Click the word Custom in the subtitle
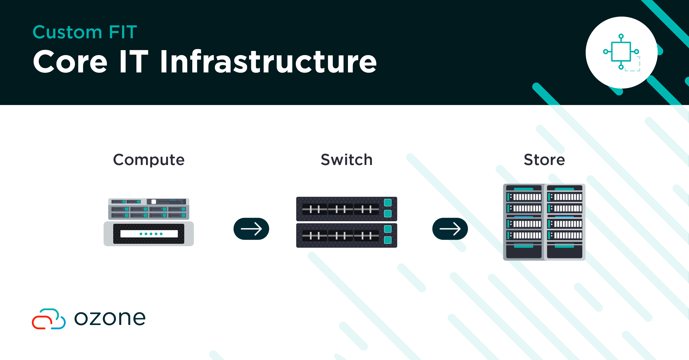[67, 32]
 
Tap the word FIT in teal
[123, 32]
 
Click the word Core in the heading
[70, 62]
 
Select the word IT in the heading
[134, 62]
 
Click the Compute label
[149, 160]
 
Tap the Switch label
[347, 160]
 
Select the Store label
[544, 160]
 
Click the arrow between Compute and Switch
[251, 229]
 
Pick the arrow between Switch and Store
[450, 229]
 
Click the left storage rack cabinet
[524, 222]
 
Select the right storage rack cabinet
[564, 222]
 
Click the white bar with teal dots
[149, 234]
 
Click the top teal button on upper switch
[388, 203]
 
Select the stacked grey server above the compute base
[149, 209]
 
